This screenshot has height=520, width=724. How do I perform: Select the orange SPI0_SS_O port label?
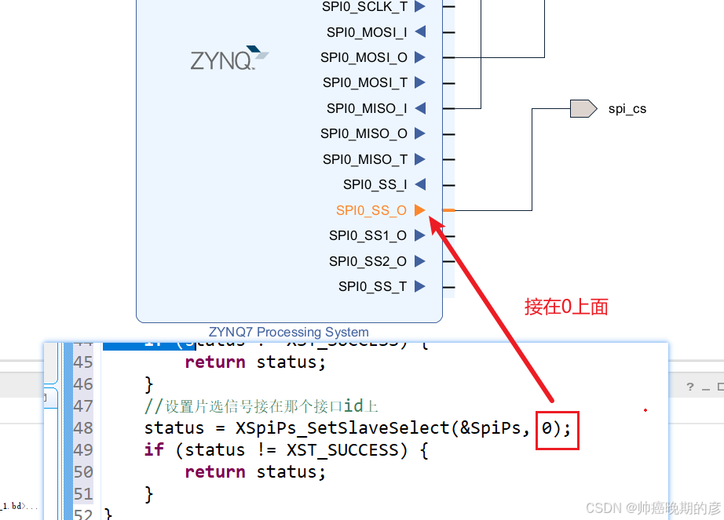click(371, 210)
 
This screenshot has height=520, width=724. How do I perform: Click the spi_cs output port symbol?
click(583, 108)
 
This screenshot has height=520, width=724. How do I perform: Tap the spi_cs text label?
click(627, 109)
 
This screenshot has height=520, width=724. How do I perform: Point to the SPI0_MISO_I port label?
click(367, 108)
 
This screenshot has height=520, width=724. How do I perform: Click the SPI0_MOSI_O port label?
click(364, 57)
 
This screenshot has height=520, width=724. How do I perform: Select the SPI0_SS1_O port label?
click(367, 235)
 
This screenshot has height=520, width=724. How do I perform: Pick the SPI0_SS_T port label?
click(372, 286)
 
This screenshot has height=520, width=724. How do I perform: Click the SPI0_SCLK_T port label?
click(364, 6)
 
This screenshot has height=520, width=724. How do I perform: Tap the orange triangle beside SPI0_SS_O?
click(420, 210)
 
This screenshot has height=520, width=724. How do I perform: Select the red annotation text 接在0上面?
click(566, 307)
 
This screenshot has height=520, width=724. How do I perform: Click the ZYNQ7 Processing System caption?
click(289, 332)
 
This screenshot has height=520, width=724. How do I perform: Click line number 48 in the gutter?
click(83, 428)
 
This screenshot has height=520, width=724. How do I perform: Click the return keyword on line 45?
click(214, 362)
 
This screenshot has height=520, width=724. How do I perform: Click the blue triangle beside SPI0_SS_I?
click(420, 184)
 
